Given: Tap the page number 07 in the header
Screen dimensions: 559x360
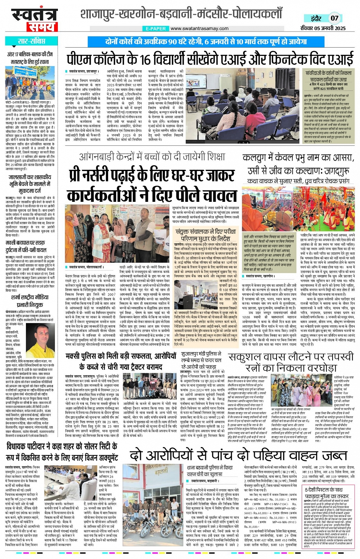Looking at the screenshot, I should point(334,18).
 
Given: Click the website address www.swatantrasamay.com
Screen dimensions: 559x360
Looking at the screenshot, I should point(199,29).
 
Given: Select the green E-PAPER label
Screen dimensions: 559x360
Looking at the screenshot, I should point(155,29).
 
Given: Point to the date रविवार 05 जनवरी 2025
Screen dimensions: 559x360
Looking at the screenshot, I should point(323,28).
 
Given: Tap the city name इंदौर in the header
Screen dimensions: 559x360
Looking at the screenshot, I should point(316,18).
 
